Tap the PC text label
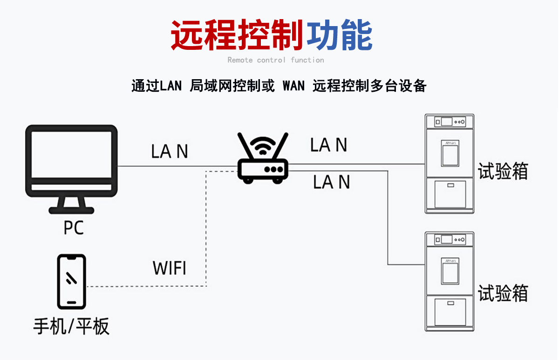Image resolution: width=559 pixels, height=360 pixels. [74, 228]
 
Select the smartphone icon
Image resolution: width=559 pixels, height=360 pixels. [71, 281]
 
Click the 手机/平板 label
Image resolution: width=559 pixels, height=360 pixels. [71, 326]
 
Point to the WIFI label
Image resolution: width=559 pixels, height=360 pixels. [170, 268]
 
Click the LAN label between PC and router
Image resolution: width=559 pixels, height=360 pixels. [170, 151]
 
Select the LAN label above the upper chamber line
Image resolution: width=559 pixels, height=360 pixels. [329, 145]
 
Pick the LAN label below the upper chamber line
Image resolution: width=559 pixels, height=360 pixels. [331, 182]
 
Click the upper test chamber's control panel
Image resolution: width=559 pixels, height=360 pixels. [450, 122]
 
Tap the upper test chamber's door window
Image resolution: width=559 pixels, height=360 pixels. [450, 154]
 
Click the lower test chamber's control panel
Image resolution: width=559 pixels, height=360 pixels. [450, 240]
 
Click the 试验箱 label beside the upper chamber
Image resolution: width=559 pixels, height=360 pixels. [503, 171]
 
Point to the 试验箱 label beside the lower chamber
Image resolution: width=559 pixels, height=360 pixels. [503, 293]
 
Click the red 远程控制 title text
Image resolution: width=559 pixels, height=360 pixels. [238, 35]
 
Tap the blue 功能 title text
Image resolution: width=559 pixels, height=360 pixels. [339, 35]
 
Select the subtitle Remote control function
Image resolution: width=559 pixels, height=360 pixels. [276, 60]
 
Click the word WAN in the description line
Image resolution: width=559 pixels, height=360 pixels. [293, 86]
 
